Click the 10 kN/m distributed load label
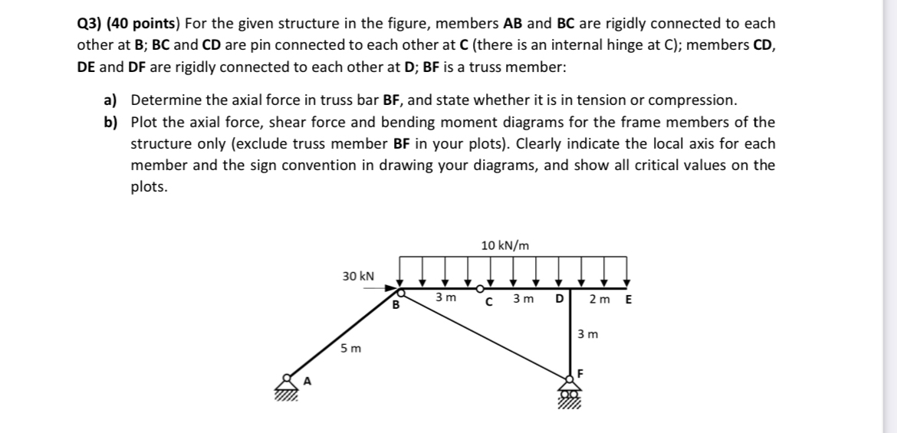(x=504, y=245)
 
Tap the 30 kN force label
(x=358, y=275)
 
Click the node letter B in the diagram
(x=396, y=306)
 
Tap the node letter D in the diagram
(x=559, y=298)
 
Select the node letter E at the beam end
(x=629, y=298)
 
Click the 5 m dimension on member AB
(x=349, y=348)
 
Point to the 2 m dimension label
(x=599, y=298)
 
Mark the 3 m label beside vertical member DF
(x=587, y=334)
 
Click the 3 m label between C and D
(x=524, y=298)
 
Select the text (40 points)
(x=149, y=24)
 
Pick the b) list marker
(x=112, y=122)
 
